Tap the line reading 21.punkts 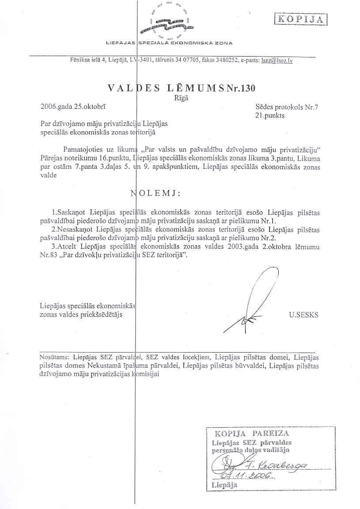[270, 115]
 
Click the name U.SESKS [303, 315]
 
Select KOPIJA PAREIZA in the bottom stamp [252, 433]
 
